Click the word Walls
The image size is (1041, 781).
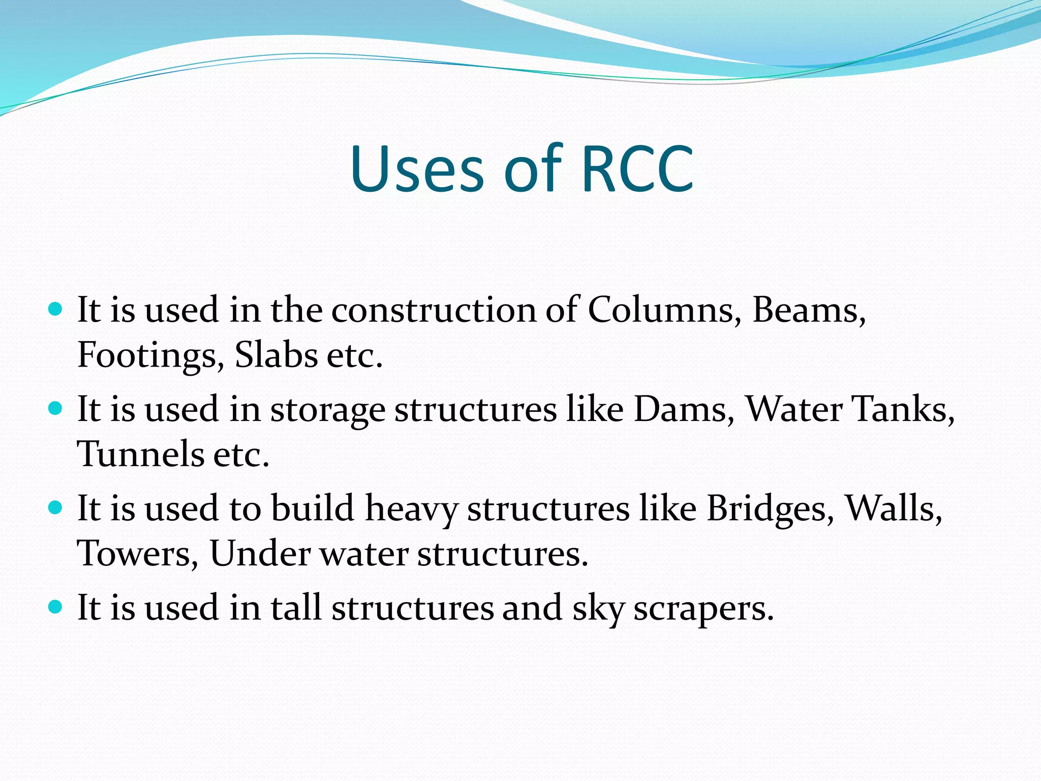pyautogui.click(x=893, y=508)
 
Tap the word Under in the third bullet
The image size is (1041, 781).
pyautogui.click(x=260, y=553)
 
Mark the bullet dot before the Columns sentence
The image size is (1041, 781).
pyautogui.click(x=55, y=309)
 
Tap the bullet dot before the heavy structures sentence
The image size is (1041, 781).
pyautogui.click(x=55, y=508)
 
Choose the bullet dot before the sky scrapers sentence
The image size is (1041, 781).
pyautogui.click(x=55, y=607)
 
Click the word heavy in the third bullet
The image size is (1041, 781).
pyautogui.click(x=411, y=509)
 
